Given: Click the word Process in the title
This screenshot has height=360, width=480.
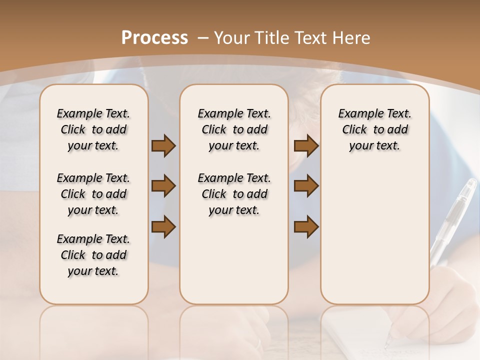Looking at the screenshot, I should point(155,38).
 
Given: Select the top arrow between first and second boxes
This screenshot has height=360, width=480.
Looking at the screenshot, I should point(163,146).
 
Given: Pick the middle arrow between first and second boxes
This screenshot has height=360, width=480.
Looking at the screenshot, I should point(163,186).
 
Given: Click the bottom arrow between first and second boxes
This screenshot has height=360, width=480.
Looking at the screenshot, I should point(163,227).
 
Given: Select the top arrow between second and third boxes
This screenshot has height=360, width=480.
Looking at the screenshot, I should point(306,146).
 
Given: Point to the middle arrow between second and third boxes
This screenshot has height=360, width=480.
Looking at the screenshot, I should point(306,186).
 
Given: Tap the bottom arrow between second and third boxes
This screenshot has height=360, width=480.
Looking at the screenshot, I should point(306,227).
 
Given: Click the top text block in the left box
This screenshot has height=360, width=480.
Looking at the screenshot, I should point(93,129).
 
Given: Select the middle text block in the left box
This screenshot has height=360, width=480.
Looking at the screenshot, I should point(93,194).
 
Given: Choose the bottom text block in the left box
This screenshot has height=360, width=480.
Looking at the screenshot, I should point(93,255).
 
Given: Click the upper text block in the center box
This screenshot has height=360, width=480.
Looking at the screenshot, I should point(234,129).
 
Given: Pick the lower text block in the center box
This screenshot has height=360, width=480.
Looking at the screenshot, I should point(234,194).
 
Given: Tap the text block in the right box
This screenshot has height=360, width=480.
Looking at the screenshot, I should point(374,129).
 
